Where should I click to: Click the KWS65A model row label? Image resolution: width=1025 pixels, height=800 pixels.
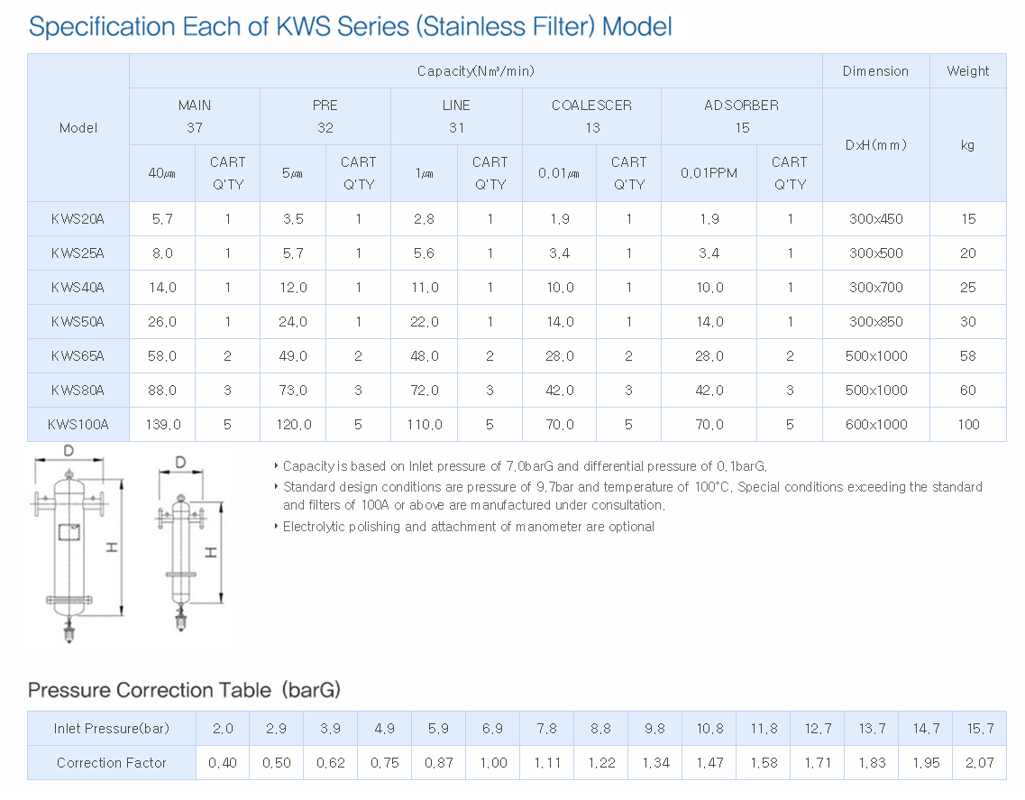click(x=78, y=356)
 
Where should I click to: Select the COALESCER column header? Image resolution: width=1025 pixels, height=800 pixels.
click(x=591, y=106)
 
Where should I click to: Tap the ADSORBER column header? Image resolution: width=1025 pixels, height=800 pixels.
click(x=741, y=106)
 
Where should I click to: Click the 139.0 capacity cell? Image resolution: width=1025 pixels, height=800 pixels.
click(x=163, y=425)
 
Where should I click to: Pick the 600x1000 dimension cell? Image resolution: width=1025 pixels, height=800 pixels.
click(x=876, y=425)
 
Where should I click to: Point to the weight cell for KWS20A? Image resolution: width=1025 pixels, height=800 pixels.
click(x=968, y=219)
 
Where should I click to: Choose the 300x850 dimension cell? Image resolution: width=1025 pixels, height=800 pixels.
click(x=876, y=322)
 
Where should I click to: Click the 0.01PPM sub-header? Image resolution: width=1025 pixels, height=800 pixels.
click(x=709, y=173)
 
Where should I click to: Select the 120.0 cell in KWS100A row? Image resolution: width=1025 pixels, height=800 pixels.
click(x=294, y=425)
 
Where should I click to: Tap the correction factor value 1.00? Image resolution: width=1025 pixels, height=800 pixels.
click(x=493, y=763)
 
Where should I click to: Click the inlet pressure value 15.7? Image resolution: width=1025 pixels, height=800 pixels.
click(x=981, y=729)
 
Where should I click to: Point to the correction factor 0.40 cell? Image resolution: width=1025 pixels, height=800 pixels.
click(x=223, y=763)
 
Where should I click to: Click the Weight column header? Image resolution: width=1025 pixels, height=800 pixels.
click(x=968, y=71)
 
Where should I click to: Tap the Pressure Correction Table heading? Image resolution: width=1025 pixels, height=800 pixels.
click(x=184, y=690)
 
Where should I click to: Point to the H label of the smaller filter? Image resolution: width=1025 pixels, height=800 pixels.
click(x=211, y=554)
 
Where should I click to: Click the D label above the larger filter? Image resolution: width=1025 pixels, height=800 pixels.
click(x=69, y=450)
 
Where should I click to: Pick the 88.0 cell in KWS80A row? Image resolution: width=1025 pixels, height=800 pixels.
click(x=162, y=391)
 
